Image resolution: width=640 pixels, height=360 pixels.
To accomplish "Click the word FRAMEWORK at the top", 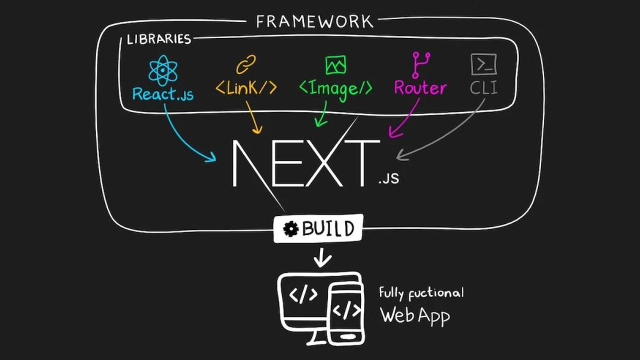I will click(314, 21).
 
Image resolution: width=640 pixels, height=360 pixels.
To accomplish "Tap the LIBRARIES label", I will click(158, 39).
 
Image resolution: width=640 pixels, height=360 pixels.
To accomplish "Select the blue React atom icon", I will click(163, 70).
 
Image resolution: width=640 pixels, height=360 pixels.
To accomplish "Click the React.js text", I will click(162, 93).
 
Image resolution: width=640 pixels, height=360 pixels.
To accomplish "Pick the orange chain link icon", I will click(245, 64).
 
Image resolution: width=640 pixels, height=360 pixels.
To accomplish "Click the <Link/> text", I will click(246, 88).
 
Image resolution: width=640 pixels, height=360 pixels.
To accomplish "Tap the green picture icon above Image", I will click(335, 65).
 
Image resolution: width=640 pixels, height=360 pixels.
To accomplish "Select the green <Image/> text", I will click(335, 88).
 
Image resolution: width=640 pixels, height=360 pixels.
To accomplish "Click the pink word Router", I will click(420, 88).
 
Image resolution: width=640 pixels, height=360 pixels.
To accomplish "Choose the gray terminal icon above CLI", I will click(483, 64).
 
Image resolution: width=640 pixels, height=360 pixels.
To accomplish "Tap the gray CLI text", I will click(483, 88).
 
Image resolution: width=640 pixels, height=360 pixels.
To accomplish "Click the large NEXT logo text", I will click(305, 162).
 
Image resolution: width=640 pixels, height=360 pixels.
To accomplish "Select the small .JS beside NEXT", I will click(388, 178).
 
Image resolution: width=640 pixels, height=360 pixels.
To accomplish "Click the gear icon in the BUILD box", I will click(290, 229).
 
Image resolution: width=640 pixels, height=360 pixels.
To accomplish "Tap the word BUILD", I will click(328, 228).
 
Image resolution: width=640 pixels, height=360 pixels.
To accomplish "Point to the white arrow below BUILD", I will click(322, 258).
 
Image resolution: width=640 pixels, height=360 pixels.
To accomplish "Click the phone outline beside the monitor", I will click(346, 312).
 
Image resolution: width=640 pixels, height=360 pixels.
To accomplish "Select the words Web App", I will click(414, 315).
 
